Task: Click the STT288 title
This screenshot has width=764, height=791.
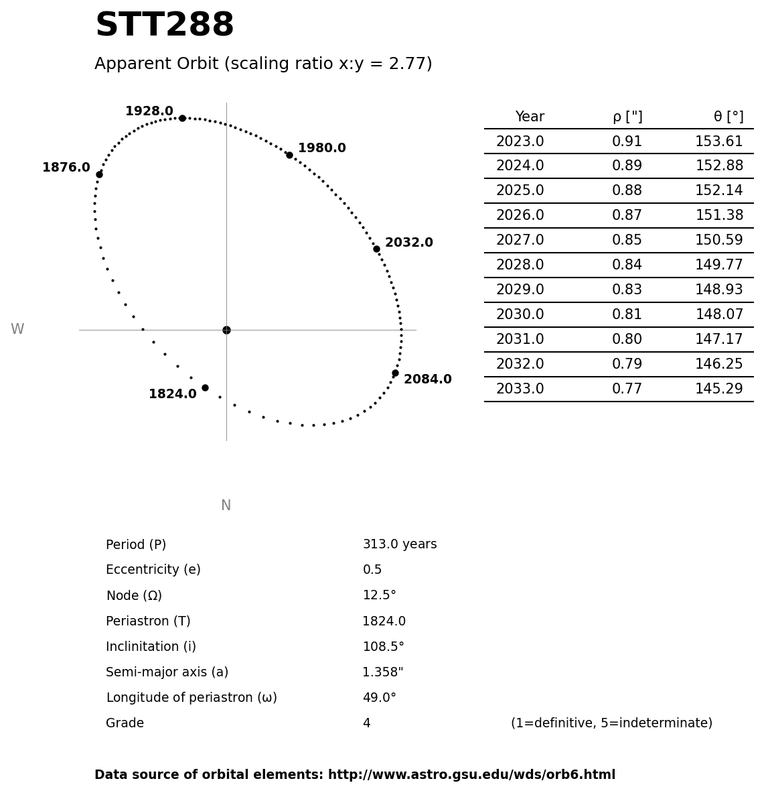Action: [x=165, y=26]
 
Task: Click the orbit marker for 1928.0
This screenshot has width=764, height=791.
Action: [x=182, y=118]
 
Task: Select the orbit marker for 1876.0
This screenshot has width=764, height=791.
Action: [x=99, y=174]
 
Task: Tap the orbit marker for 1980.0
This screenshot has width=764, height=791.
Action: [x=289, y=155]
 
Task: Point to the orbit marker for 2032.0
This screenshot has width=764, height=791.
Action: [x=376, y=249]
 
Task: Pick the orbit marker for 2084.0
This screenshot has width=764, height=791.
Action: [x=395, y=373]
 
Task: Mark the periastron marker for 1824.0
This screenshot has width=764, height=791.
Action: [x=205, y=387]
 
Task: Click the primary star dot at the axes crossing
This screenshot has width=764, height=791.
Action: [x=226, y=330]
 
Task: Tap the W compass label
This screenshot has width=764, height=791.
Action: [x=17, y=330]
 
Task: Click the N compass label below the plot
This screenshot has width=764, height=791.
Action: [x=226, y=506]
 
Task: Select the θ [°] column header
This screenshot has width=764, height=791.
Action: [x=728, y=117]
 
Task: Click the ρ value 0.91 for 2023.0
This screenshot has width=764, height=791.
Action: [x=627, y=142]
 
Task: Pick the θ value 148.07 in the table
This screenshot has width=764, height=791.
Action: [x=718, y=315]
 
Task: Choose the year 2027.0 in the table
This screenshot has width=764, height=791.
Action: [x=520, y=241]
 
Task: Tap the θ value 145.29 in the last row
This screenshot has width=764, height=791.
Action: [x=718, y=389]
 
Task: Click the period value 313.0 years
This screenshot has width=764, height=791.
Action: [x=399, y=545]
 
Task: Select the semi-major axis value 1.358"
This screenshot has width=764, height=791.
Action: [x=382, y=672]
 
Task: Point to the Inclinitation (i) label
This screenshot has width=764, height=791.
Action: [x=151, y=647]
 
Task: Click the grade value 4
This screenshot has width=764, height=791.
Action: [x=366, y=724]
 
